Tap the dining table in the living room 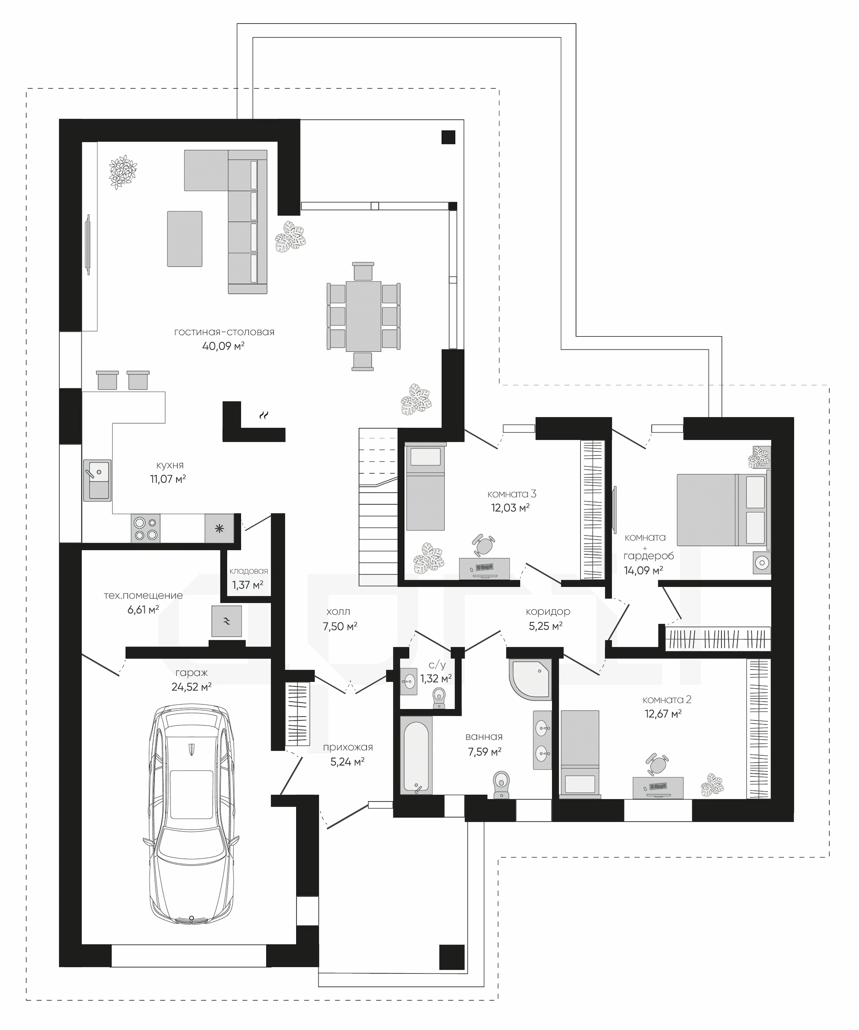363,316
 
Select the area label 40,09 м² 224,346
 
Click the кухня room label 170,465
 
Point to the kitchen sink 97,480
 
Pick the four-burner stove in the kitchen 145,528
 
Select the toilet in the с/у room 439,698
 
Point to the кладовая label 249,571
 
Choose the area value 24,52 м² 191,687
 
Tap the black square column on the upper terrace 448,137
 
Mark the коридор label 548,611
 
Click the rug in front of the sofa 185,239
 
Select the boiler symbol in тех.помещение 226,621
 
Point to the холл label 338,611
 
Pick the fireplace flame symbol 264,415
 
